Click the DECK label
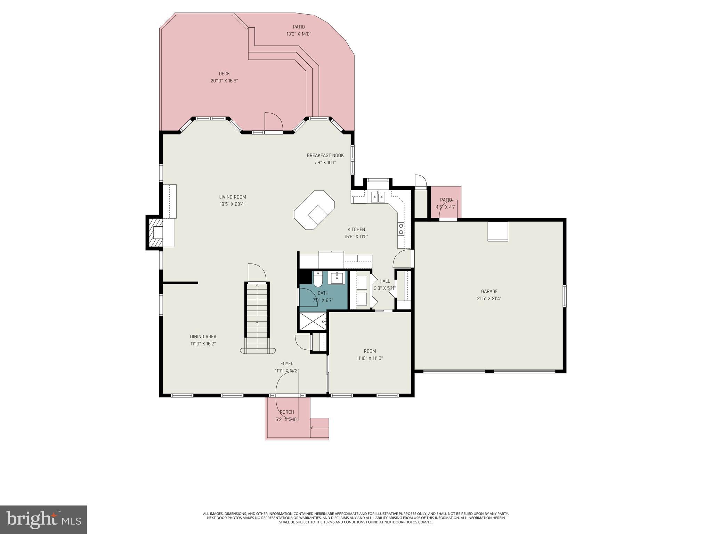[224, 74]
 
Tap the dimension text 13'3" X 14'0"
[299, 34]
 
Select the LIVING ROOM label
[232, 197]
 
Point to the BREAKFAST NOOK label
[325, 155]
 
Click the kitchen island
[314, 210]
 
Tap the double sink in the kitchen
[378, 197]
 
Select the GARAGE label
[489, 291]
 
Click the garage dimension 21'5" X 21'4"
[489, 298]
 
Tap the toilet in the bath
[318, 278]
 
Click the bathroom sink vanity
[337, 278]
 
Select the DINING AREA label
[203, 337]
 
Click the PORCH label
[287, 412]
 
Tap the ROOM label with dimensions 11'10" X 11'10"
[370, 351]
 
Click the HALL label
[385, 281]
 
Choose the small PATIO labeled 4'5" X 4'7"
[446, 203]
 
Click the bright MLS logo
[43, 519]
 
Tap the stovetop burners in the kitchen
[401, 229]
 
